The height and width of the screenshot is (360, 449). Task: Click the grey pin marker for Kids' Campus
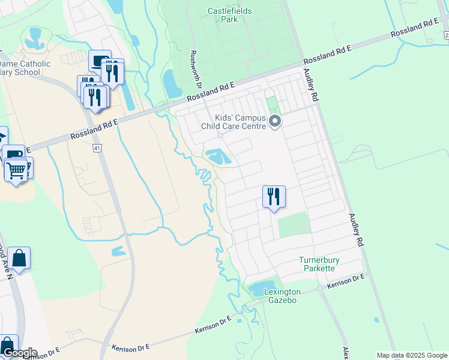coord(275,122)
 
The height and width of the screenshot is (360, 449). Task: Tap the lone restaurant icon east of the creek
coord(274,196)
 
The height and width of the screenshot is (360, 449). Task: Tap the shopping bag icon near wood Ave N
coord(19,259)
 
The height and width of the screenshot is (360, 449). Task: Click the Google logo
coord(19,353)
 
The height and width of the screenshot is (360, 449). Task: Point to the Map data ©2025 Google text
coord(411,355)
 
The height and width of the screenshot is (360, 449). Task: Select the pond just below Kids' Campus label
coord(218,157)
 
